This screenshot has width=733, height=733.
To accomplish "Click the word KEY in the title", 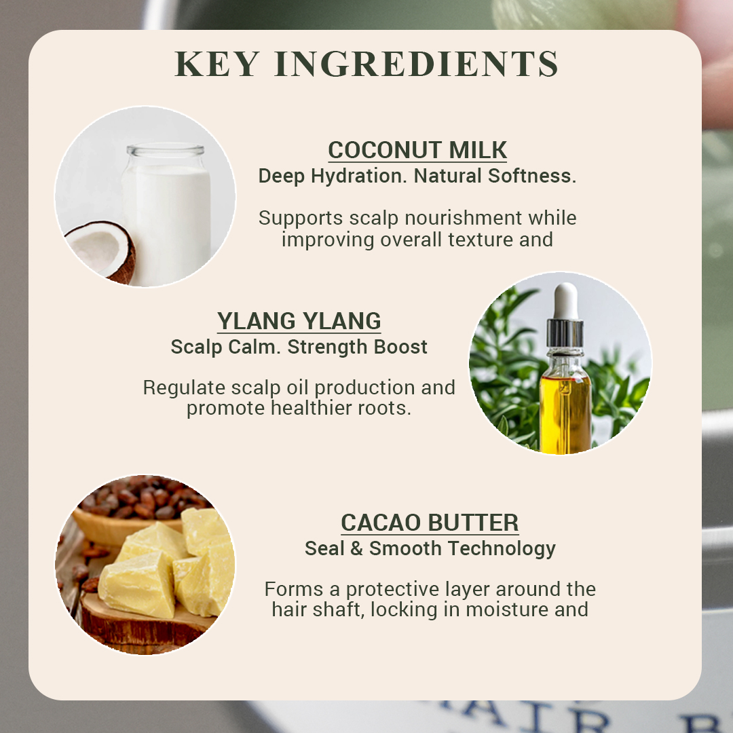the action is (217, 64).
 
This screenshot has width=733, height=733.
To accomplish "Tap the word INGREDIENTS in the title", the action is (417, 64).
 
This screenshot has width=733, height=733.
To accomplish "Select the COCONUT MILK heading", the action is (417, 150).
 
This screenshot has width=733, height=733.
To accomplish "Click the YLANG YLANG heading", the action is (299, 321).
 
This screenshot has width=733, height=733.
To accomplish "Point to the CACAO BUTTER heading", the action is (430, 523).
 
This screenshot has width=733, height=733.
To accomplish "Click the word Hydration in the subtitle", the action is (358, 176).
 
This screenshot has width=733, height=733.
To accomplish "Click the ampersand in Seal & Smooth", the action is (356, 548).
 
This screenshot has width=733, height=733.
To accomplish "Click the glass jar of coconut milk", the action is (167, 212).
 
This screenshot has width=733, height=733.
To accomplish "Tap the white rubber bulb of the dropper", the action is (565, 301).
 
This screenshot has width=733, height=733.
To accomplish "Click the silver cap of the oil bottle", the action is (565, 333).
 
